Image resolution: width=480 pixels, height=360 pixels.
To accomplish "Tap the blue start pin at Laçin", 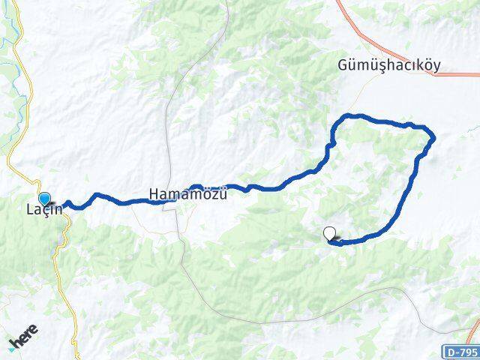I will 45,199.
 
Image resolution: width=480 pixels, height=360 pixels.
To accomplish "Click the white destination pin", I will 329,234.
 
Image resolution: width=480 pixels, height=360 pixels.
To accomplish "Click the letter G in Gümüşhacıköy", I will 342,66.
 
